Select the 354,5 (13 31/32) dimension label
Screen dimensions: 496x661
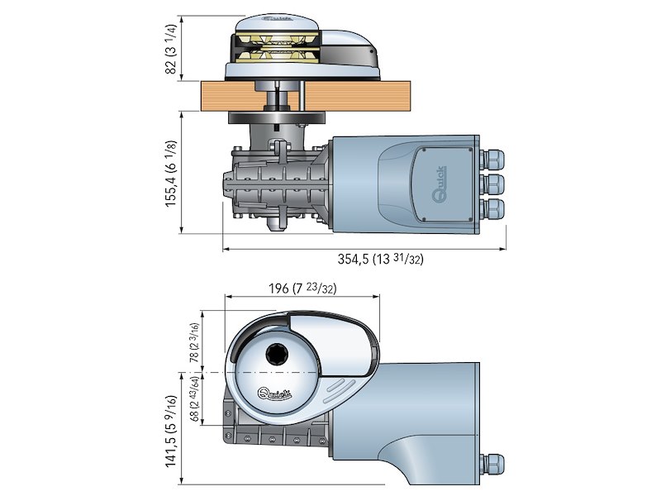(380, 259)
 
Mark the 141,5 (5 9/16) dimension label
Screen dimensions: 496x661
(171, 431)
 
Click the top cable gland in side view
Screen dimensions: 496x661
(493, 158)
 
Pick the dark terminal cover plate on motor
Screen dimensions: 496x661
(445, 186)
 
